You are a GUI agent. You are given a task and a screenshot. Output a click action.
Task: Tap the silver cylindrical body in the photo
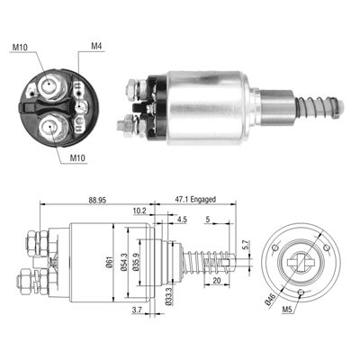point(206,105)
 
